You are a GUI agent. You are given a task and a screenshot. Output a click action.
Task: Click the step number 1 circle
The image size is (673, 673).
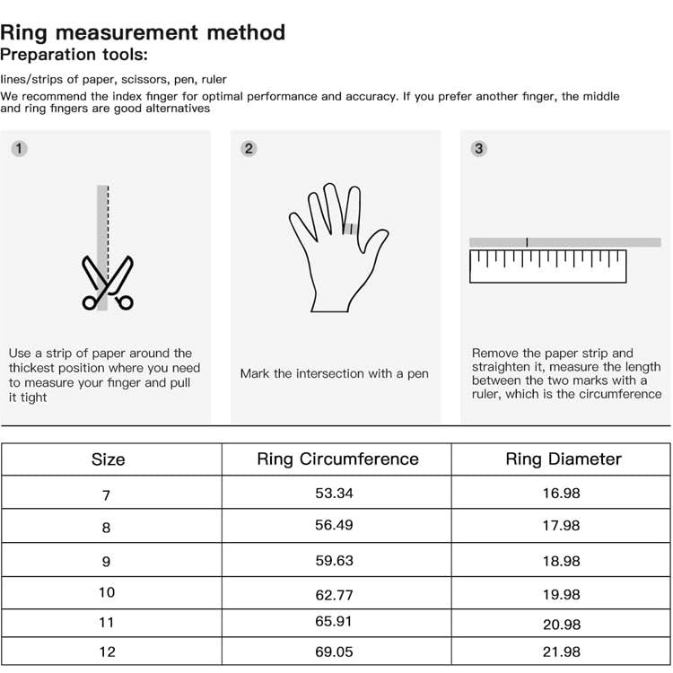pyautogui.click(x=19, y=149)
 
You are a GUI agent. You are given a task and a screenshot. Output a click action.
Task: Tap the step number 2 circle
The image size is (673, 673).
pyautogui.click(x=249, y=149)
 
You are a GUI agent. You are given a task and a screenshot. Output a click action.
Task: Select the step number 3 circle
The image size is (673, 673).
pyautogui.click(x=478, y=149)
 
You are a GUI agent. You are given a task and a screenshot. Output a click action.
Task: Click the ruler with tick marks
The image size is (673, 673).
pyautogui.click(x=547, y=267)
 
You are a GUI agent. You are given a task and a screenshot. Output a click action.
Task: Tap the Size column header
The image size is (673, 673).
pyautogui.click(x=108, y=459)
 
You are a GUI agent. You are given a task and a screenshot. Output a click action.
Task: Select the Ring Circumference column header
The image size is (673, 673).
pyautogui.click(x=337, y=459)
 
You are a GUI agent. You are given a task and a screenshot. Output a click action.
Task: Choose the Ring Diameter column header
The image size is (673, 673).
pyautogui.click(x=563, y=459)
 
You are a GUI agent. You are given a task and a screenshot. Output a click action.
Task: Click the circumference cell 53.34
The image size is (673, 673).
pyautogui.click(x=337, y=493)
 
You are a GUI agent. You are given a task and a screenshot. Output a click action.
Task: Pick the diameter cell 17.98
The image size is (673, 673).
pyautogui.click(x=562, y=526)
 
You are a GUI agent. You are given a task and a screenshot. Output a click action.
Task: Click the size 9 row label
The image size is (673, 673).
pyautogui.click(x=107, y=561)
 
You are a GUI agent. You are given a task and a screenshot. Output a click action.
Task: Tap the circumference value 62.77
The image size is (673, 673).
pyautogui.click(x=337, y=594)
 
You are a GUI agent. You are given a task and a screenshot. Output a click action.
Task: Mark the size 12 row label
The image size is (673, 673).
pyautogui.click(x=107, y=652)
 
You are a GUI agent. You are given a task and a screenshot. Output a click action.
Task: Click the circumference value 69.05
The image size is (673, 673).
pyautogui.click(x=337, y=651)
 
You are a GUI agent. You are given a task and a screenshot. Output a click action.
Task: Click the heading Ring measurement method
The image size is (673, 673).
pyautogui.click(x=143, y=32)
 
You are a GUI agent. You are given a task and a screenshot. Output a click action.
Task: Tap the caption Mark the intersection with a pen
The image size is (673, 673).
pyautogui.click(x=334, y=373)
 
